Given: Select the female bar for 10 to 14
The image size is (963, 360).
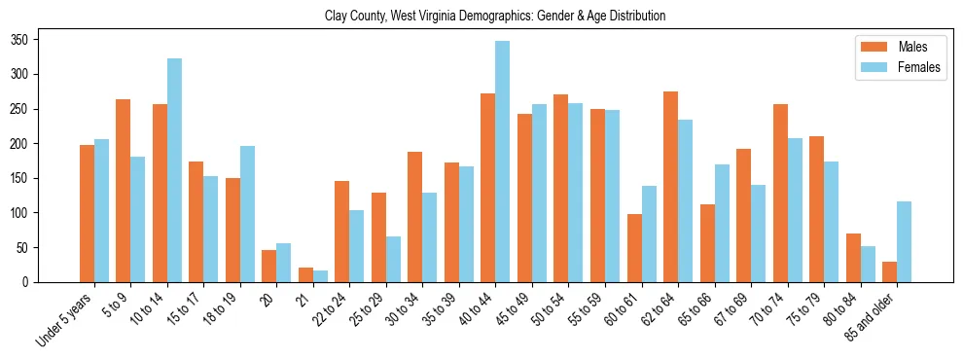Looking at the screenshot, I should (174, 170).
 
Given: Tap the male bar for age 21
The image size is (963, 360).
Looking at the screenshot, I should (305, 274).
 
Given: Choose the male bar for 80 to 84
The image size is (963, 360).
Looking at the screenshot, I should (853, 258).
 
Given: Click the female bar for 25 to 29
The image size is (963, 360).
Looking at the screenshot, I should (393, 259).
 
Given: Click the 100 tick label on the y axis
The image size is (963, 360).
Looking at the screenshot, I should (27, 213).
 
